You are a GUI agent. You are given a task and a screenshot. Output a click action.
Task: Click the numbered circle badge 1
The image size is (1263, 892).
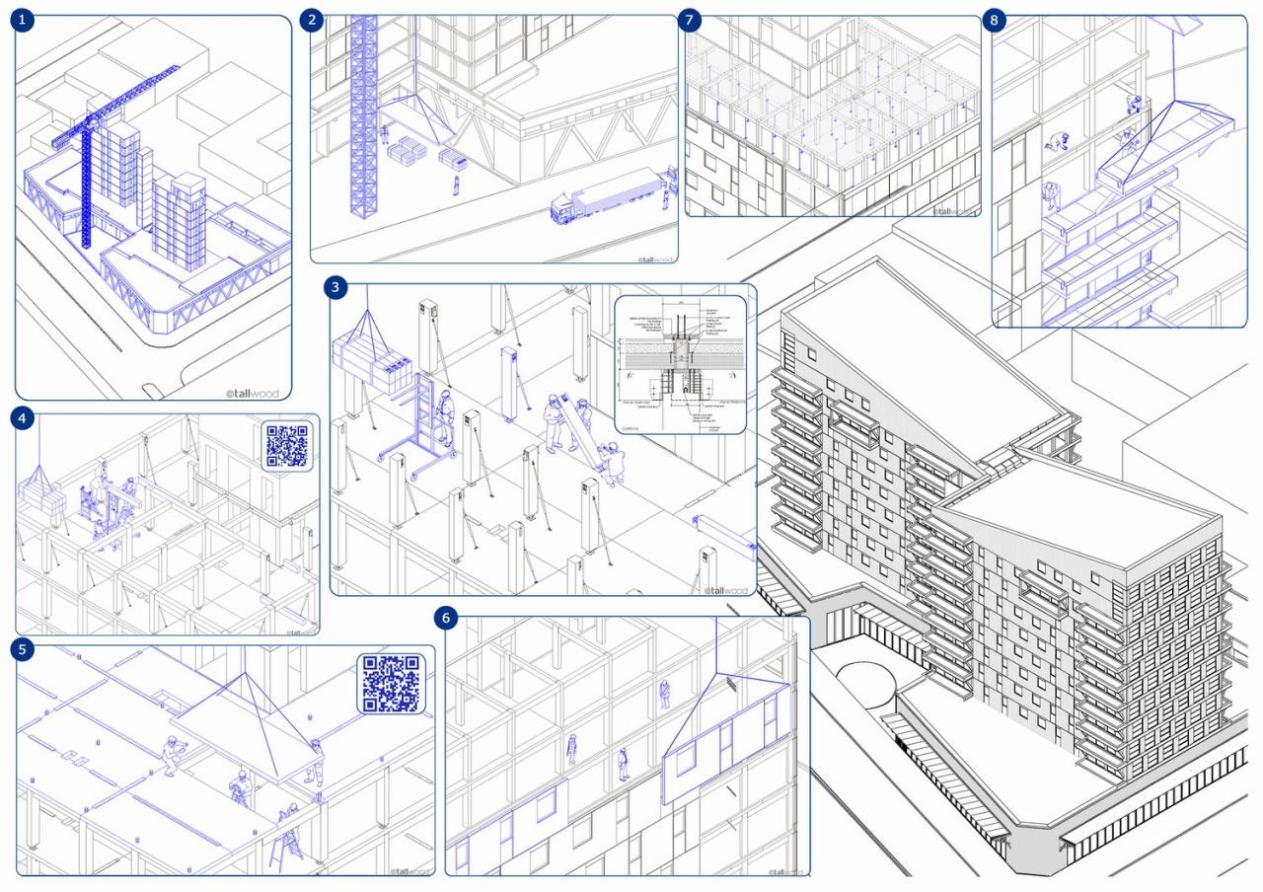pos(22,20)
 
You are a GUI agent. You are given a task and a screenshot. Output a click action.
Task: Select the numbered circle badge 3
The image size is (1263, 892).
pos(337,287)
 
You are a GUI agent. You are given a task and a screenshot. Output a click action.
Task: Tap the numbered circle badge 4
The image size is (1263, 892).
pos(23,418)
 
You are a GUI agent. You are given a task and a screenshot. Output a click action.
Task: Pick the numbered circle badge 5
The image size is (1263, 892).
pos(23,649)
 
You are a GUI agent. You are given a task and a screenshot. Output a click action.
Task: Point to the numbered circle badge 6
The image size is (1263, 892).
pos(447,618)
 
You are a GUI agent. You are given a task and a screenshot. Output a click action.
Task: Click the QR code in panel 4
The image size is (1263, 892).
pos(287,446)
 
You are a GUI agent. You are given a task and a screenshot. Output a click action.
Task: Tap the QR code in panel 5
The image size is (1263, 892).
pos(391,683)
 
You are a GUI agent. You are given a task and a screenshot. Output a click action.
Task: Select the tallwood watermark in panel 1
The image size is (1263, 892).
pos(253,393)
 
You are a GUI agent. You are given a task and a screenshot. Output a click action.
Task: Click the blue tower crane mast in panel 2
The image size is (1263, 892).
pos(364,128)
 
